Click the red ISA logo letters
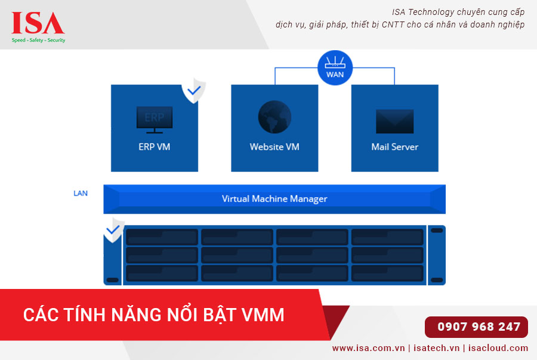pyautogui.click(x=38, y=23)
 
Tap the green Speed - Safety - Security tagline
pyautogui.click(x=38, y=40)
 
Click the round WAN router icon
pyautogui.click(x=335, y=67)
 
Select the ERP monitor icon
pyautogui.click(x=155, y=119)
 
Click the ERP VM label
pyautogui.click(x=155, y=147)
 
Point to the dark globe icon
pyautogui.click(x=274, y=117)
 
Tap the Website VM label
pyautogui.click(x=274, y=147)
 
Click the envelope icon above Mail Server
pyautogui.click(x=395, y=121)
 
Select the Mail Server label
pyautogui.click(x=395, y=147)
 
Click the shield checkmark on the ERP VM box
pyautogui.click(x=194, y=91)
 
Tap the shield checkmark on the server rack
pyautogui.click(x=113, y=230)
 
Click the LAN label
pyautogui.click(x=81, y=193)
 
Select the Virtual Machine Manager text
pyautogui.click(x=274, y=199)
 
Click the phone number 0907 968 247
pyautogui.click(x=479, y=327)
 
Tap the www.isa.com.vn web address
pyautogui.click(x=369, y=348)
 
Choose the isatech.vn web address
pyautogui.click(x=436, y=348)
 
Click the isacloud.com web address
pyautogui.click(x=498, y=348)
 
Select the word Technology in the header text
pyautogui.click(x=431, y=13)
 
